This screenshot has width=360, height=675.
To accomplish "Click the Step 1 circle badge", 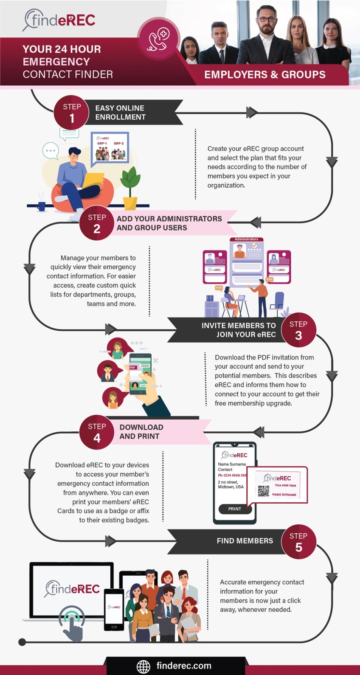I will (71, 112).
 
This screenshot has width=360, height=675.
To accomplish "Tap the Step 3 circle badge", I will (298, 330).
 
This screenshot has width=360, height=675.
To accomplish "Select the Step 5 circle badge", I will (298, 542).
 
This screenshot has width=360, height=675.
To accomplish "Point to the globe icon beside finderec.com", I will (143, 666).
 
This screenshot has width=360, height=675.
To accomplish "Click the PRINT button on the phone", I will (235, 509).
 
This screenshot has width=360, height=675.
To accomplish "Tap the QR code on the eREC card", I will (264, 491).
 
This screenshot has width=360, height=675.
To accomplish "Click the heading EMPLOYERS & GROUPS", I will (265, 75).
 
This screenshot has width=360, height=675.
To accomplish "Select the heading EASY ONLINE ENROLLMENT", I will (120, 112).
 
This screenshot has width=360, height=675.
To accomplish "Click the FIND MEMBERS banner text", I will (245, 541).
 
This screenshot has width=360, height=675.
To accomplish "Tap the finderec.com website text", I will (184, 666).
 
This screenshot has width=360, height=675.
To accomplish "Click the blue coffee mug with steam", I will (41, 206).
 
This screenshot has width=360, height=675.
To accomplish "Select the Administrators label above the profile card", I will (246, 239).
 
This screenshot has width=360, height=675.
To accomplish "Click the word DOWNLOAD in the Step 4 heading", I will (141, 427).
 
